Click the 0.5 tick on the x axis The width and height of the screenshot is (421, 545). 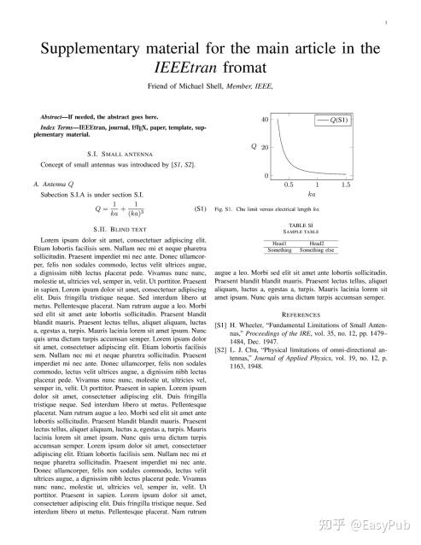289,184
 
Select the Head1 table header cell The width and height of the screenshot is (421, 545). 279,243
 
